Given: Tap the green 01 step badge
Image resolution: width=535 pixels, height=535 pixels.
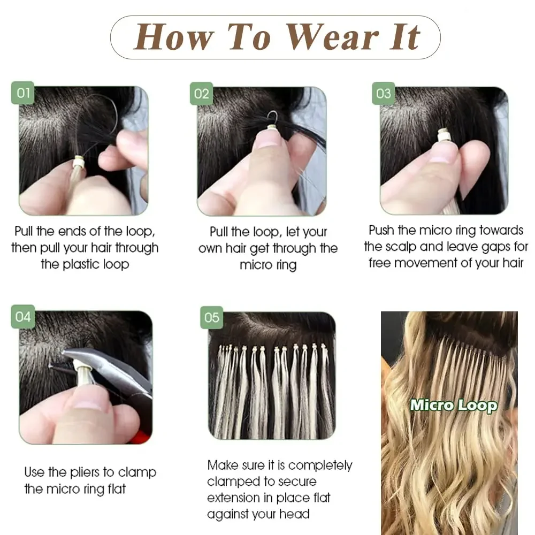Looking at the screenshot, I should [x=23, y=93].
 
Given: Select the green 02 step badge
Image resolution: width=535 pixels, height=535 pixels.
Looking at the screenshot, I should [x=201, y=94].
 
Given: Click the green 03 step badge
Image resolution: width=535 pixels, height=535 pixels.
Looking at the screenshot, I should [x=383, y=94].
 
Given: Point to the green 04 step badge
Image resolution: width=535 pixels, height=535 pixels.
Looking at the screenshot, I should [x=23, y=316].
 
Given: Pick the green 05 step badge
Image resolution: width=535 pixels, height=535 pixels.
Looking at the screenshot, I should [x=212, y=317].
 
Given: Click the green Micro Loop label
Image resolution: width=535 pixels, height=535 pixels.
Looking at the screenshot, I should [x=454, y=404].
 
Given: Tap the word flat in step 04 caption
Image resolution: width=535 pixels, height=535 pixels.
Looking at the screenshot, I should [x=114, y=488].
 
